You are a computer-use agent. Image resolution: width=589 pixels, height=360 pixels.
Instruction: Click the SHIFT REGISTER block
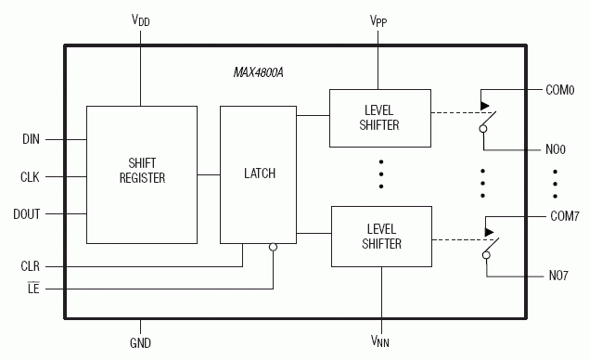point(141,172)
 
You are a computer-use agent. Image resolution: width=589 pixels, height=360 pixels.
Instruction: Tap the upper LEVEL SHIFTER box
point(380,118)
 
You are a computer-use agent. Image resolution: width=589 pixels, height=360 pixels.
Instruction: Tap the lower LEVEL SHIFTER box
point(380,236)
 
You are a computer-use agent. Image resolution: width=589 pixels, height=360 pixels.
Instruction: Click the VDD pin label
point(141,19)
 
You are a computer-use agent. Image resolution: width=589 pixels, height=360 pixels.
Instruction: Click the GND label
point(141,342)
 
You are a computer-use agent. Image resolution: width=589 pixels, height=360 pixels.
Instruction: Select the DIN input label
point(31,140)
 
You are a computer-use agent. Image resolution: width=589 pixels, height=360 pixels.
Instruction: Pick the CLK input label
point(31,176)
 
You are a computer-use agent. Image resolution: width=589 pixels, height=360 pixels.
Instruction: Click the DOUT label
point(28,213)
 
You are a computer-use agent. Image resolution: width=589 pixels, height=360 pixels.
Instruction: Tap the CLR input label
point(31,266)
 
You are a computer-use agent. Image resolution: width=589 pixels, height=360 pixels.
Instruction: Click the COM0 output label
point(561,90)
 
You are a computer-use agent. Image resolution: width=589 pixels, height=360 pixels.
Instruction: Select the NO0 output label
point(555,148)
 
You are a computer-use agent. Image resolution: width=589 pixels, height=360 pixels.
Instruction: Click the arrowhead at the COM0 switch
point(487,105)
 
